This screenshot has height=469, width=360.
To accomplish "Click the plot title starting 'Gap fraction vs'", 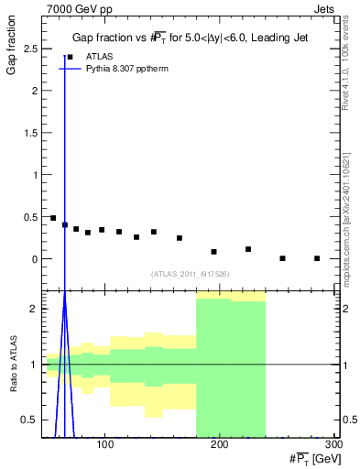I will point(190,38).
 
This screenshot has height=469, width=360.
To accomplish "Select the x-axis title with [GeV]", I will point(303,457).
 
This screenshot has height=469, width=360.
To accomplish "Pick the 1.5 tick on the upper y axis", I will point(34,133).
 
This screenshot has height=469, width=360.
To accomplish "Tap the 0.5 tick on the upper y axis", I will point(34,217).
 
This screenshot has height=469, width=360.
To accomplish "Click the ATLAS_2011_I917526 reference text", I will point(189,274).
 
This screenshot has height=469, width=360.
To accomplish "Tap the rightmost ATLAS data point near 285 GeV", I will point(317,258).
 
